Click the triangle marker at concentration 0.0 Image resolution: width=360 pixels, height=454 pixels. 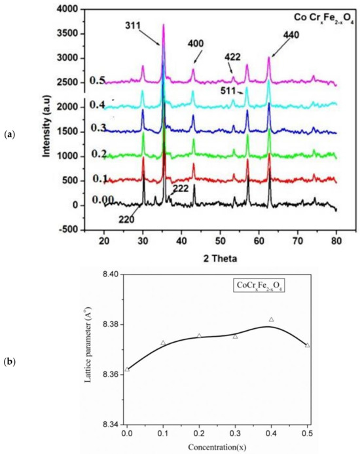point(127,369)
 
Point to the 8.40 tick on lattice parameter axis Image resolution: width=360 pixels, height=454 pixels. point(109,275)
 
